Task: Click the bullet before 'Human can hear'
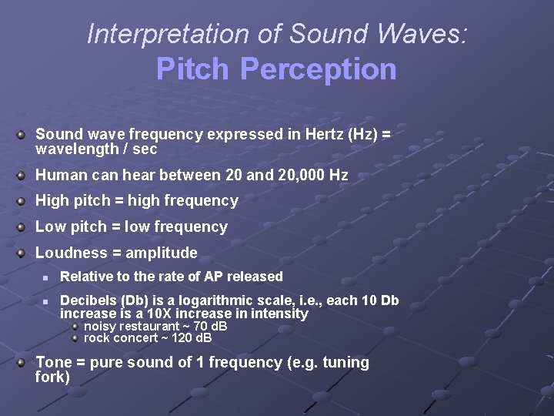coord(23,175)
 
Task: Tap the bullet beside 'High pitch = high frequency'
coord(23,201)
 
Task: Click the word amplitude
coord(162,253)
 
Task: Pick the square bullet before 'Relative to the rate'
coord(46,277)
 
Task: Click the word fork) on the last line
coord(52,377)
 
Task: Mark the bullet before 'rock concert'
coord(75,337)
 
